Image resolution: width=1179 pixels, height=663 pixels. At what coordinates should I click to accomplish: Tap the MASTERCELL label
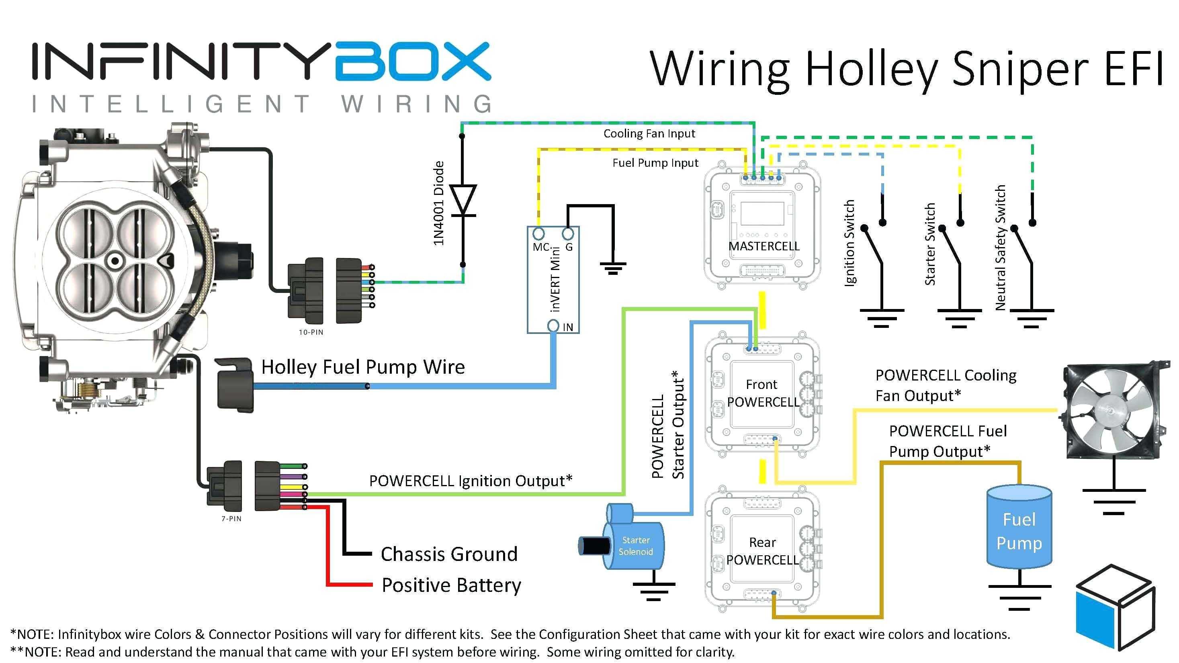(x=764, y=246)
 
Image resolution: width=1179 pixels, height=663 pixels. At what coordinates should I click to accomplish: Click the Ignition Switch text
(x=849, y=243)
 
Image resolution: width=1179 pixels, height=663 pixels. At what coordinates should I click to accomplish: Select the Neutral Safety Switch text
(x=1001, y=248)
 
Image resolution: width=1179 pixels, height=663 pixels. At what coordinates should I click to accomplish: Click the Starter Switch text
(x=929, y=244)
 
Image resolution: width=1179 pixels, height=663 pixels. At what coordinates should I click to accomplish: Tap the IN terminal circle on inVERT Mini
(x=553, y=326)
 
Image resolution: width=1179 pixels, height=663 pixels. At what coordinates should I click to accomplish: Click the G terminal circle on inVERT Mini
(x=567, y=234)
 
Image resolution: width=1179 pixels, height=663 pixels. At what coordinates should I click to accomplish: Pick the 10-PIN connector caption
(x=311, y=332)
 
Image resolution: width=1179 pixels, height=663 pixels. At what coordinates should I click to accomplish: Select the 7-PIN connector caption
(x=231, y=518)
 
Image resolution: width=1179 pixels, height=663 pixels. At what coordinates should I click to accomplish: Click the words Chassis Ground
(x=449, y=554)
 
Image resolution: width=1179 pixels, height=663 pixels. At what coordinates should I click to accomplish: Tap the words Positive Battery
(x=451, y=585)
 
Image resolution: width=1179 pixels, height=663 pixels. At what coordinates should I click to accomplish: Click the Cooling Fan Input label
(x=649, y=134)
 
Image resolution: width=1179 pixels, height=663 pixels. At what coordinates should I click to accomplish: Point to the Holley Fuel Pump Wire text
(x=363, y=367)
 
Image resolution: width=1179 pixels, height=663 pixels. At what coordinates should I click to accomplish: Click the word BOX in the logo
(x=412, y=67)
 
